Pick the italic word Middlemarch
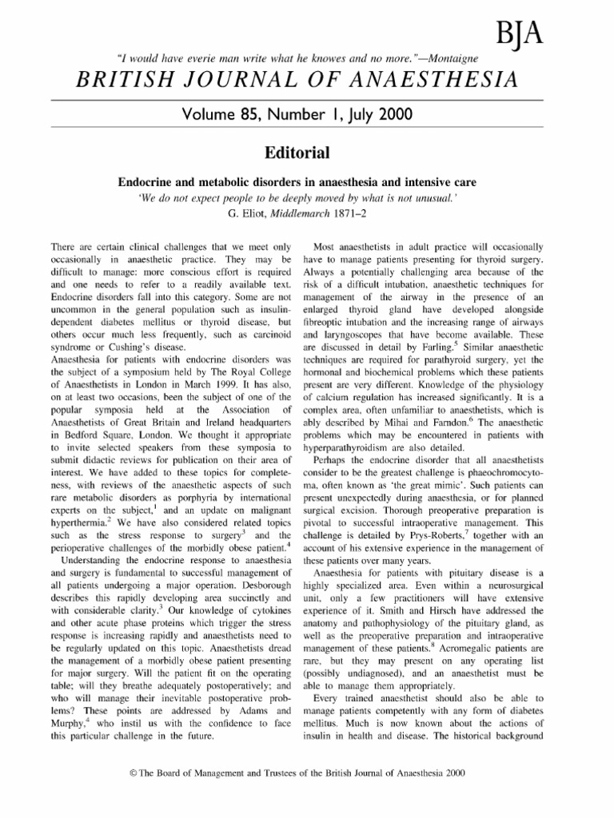[x=307, y=212]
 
